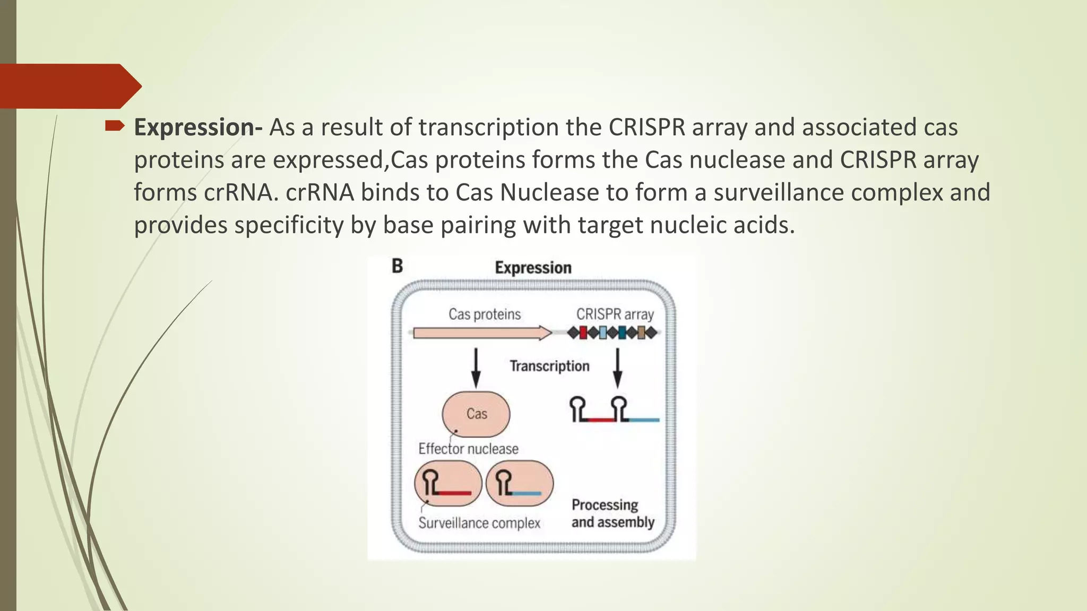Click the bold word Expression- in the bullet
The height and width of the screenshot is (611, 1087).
click(x=197, y=128)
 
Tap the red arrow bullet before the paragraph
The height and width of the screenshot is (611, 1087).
click(x=115, y=126)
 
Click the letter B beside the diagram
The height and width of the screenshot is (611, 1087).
click(x=398, y=266)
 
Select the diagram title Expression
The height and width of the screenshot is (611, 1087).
click(x=533, y=268)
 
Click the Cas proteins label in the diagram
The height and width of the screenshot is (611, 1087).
click(x=485, y=315)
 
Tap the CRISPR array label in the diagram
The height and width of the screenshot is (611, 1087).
click(x=615, y=315)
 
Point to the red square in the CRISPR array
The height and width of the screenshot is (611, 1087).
click(x=583, y=333)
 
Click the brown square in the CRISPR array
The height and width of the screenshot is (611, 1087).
click(x=641, y=333)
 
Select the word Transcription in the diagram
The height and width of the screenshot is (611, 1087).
click(x=549, y=366)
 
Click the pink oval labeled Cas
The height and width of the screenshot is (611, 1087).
click(x=476, y=414)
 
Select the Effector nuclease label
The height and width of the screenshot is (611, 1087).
click(x=468, y=449)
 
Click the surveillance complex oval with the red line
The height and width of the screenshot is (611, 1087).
click(x=448, y=483)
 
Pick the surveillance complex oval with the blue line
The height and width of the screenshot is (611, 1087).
click(x=520, y=483)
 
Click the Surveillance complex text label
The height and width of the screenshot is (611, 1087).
click(x=479, y=523)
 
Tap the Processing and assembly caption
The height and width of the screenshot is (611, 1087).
click(x=612, y=513)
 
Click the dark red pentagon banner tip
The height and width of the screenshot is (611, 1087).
click(x=130, y=86)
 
